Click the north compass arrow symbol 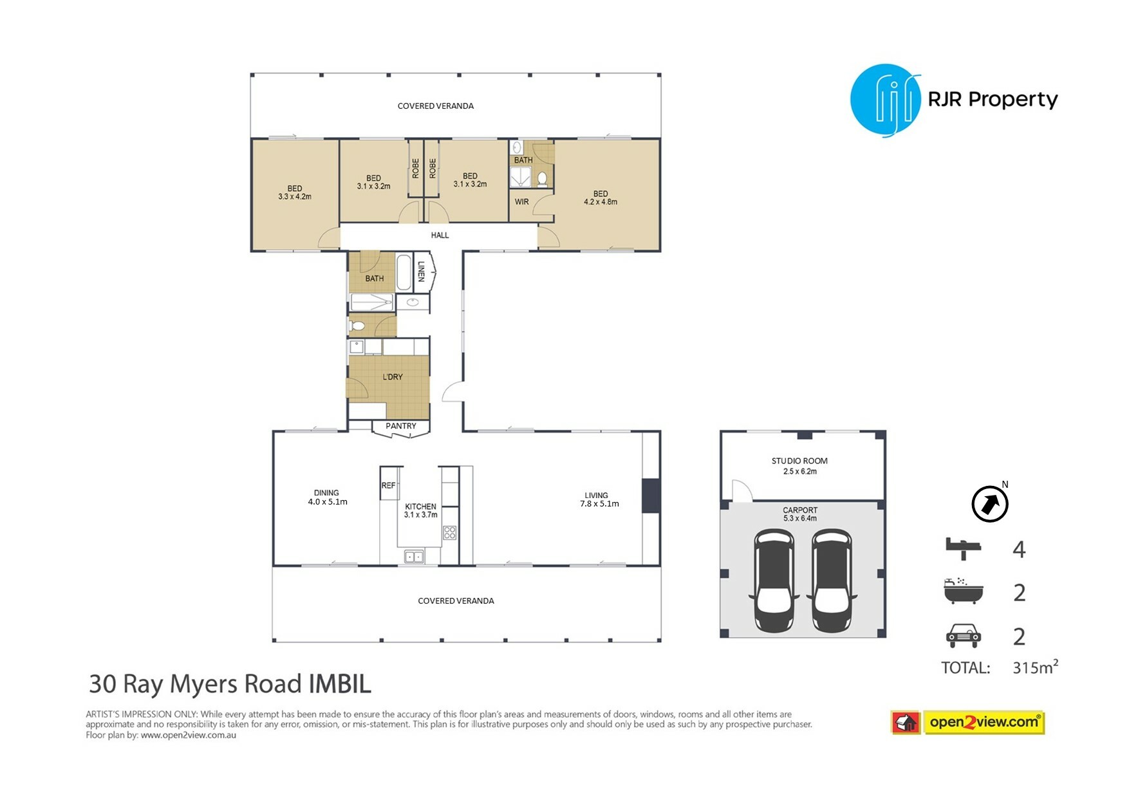[x=989, y=504]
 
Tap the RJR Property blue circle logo [x=886, y=100]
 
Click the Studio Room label [x=799, y=461]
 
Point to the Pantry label [x=400, y=426]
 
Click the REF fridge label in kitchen [x=388, y=486]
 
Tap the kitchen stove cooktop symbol [x=450, y=532]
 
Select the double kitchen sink [x=414, y=557]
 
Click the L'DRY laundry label [x=393, y=377]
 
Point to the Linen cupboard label [x=421, y=271]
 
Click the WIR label [x=521, y=202]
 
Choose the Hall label [x=440, y=236]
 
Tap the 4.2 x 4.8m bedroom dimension [x=601, y=202]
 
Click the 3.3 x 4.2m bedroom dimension [x=295, y=197]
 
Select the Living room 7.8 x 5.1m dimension [x=599, y=504]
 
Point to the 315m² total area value [x=1035, y=667]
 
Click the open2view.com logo [x=967, y=722]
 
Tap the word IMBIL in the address [x=340, y=683]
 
